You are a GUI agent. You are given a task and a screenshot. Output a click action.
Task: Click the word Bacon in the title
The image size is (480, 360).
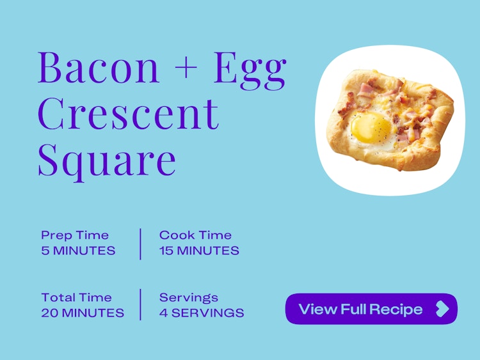click(99, 68)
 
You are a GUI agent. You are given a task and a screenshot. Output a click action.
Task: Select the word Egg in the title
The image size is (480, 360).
click(250, 71)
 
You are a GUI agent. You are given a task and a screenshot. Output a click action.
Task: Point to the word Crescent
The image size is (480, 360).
click(128, 114)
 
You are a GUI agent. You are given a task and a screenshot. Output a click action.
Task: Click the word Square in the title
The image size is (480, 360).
click(107, 162)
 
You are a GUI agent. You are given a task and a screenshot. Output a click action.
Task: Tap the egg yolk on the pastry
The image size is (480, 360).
click(371, 127)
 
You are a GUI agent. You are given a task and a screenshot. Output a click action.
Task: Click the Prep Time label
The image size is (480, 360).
click(75, 235)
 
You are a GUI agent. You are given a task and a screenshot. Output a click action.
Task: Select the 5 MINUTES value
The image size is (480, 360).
click(78, 251)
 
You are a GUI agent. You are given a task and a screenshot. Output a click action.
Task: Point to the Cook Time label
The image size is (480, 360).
click(195, 235)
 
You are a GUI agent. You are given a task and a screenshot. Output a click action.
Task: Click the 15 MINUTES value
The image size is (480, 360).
click(199, 251)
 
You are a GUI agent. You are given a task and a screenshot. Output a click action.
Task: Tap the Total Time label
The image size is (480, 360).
click(77, 297)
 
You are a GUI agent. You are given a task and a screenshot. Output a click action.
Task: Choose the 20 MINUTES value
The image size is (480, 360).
click(83, 313)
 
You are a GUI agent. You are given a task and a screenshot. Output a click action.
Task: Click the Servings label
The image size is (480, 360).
click(189, 298)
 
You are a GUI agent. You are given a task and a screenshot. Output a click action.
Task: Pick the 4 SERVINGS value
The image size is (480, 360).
click(202, 313)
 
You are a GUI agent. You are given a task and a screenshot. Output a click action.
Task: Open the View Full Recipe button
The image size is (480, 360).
click(371, 309)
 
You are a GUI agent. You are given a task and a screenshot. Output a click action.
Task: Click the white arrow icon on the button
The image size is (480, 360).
click(443, 309)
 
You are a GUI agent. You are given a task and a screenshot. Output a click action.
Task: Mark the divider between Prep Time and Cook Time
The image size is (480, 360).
click(141, 244)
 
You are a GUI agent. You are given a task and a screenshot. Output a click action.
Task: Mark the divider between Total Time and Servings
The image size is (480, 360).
click(141, 304)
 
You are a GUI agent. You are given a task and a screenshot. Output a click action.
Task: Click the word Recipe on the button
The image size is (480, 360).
click(396, 309)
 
